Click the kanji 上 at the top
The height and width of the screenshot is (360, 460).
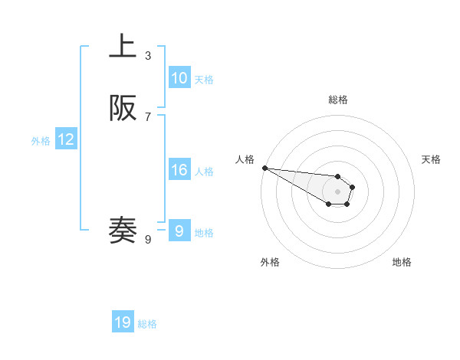[x=123, y=47]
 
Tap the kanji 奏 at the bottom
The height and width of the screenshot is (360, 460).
[x=123, y=231]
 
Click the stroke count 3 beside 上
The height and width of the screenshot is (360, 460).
[x=148, y=56]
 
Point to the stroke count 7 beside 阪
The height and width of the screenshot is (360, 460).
[x=148, y=116]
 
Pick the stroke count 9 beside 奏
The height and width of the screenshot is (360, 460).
[x=148, y=240]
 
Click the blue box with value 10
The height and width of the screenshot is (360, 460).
[x=179, y=78]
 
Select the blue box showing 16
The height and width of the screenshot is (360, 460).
[x=179, y=170]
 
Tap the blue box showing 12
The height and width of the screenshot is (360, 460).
[x=66, y=139]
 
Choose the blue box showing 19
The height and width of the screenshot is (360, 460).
[x=123, y=322]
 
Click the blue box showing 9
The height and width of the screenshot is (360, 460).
[x=179, y=231]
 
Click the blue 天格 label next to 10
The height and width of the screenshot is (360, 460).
[x=204, y=80]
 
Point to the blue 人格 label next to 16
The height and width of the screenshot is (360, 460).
[x=204, y=172]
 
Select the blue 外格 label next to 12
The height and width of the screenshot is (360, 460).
[x=41, y=141]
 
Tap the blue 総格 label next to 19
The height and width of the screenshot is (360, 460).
[x=147, y=324]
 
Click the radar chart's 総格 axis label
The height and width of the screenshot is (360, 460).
[x=338, y=100]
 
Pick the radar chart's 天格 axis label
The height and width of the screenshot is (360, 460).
[x=431, y=159]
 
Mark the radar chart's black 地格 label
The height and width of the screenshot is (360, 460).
[x=402, y=262]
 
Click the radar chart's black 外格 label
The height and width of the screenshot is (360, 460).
[x=270, y=262]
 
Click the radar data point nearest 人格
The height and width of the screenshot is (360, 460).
[x=264, y=168]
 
